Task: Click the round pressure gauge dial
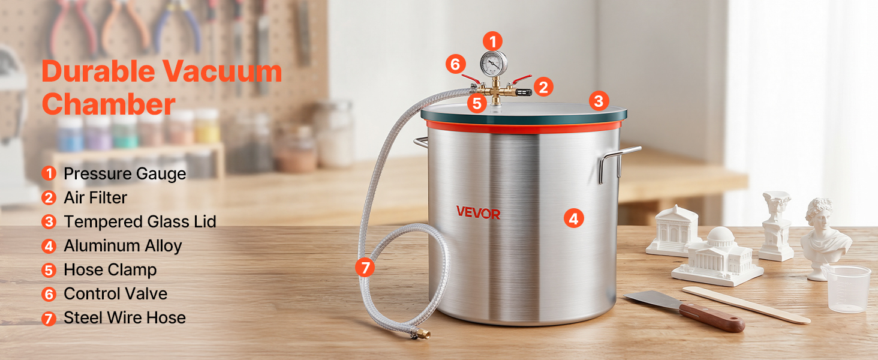494,64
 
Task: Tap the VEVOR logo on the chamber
478,212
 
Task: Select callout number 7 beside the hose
365,267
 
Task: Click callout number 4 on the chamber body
574,218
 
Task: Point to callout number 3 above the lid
599,101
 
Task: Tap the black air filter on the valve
524,93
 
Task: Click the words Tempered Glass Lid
140,221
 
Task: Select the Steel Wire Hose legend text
125,317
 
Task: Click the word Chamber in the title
109,104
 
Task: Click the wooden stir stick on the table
746,305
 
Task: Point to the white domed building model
718,256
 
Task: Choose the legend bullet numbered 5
49,270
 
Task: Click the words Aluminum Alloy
123,246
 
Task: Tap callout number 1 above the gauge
493,41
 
